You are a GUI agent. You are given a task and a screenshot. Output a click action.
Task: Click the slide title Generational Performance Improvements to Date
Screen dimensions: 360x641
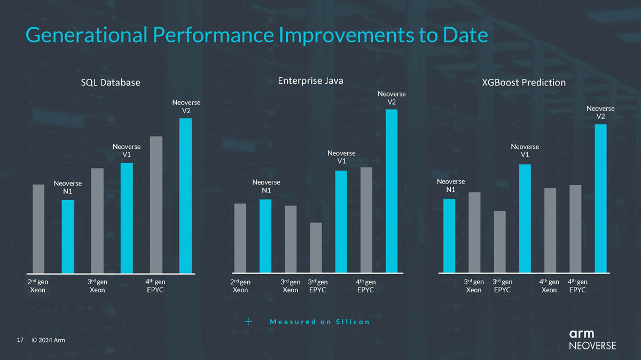tap(256, 35)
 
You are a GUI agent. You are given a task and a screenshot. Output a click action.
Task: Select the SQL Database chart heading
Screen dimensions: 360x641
tap(111, 83)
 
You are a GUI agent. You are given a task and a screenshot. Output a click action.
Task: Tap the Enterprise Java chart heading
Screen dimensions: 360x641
tap(310, 81)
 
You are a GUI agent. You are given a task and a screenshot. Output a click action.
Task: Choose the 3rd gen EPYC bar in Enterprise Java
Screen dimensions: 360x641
tap(316, 247)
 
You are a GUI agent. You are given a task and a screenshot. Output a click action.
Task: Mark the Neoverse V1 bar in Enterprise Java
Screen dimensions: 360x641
tap(341, 221)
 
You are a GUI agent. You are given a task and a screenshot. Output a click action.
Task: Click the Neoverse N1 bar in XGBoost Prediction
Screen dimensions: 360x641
tap(449, 236)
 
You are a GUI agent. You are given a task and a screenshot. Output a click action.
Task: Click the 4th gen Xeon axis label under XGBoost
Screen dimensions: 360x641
tap(549, 286)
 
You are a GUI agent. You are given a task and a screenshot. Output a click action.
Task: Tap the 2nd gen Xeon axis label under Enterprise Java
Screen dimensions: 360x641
tap(240, 286)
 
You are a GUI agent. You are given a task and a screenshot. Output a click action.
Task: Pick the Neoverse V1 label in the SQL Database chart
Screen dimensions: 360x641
tap(127, 150)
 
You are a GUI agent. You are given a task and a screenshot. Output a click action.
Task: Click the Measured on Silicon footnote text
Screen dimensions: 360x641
tap(319, 322)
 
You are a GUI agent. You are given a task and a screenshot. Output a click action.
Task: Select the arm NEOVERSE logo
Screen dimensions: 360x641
tap(592, 339)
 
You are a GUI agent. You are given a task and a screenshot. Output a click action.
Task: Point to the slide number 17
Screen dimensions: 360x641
tap(21, 340)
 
